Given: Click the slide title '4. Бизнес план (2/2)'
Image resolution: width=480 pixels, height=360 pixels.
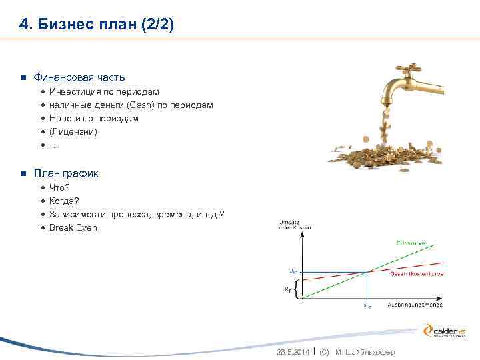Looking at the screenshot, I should coord(96,25).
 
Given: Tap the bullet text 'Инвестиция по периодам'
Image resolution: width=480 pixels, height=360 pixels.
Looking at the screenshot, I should coord(104,91).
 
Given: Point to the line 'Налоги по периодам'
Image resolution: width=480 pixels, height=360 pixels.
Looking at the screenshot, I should coord(94,118).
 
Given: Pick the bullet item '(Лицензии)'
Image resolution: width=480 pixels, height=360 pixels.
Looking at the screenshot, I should coord(73,131).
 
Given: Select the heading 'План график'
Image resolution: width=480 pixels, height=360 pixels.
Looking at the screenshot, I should coord(66,173).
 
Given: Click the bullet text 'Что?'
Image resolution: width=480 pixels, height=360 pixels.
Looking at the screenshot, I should coord(59,187).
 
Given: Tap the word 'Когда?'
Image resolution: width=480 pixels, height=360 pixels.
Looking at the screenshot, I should coord(64,201).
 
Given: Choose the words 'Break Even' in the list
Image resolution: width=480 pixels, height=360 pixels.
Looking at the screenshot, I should coord(73,227).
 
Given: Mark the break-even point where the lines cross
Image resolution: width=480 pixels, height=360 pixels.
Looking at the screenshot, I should coord(367,271).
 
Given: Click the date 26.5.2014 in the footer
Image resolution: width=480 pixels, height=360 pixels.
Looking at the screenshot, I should coord(293,352).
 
